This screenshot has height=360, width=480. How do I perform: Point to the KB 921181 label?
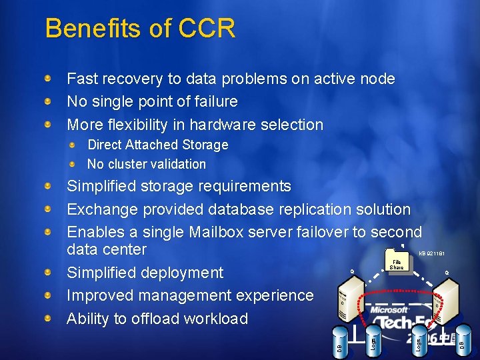point(432,253)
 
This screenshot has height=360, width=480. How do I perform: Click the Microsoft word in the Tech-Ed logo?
point(390,310)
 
